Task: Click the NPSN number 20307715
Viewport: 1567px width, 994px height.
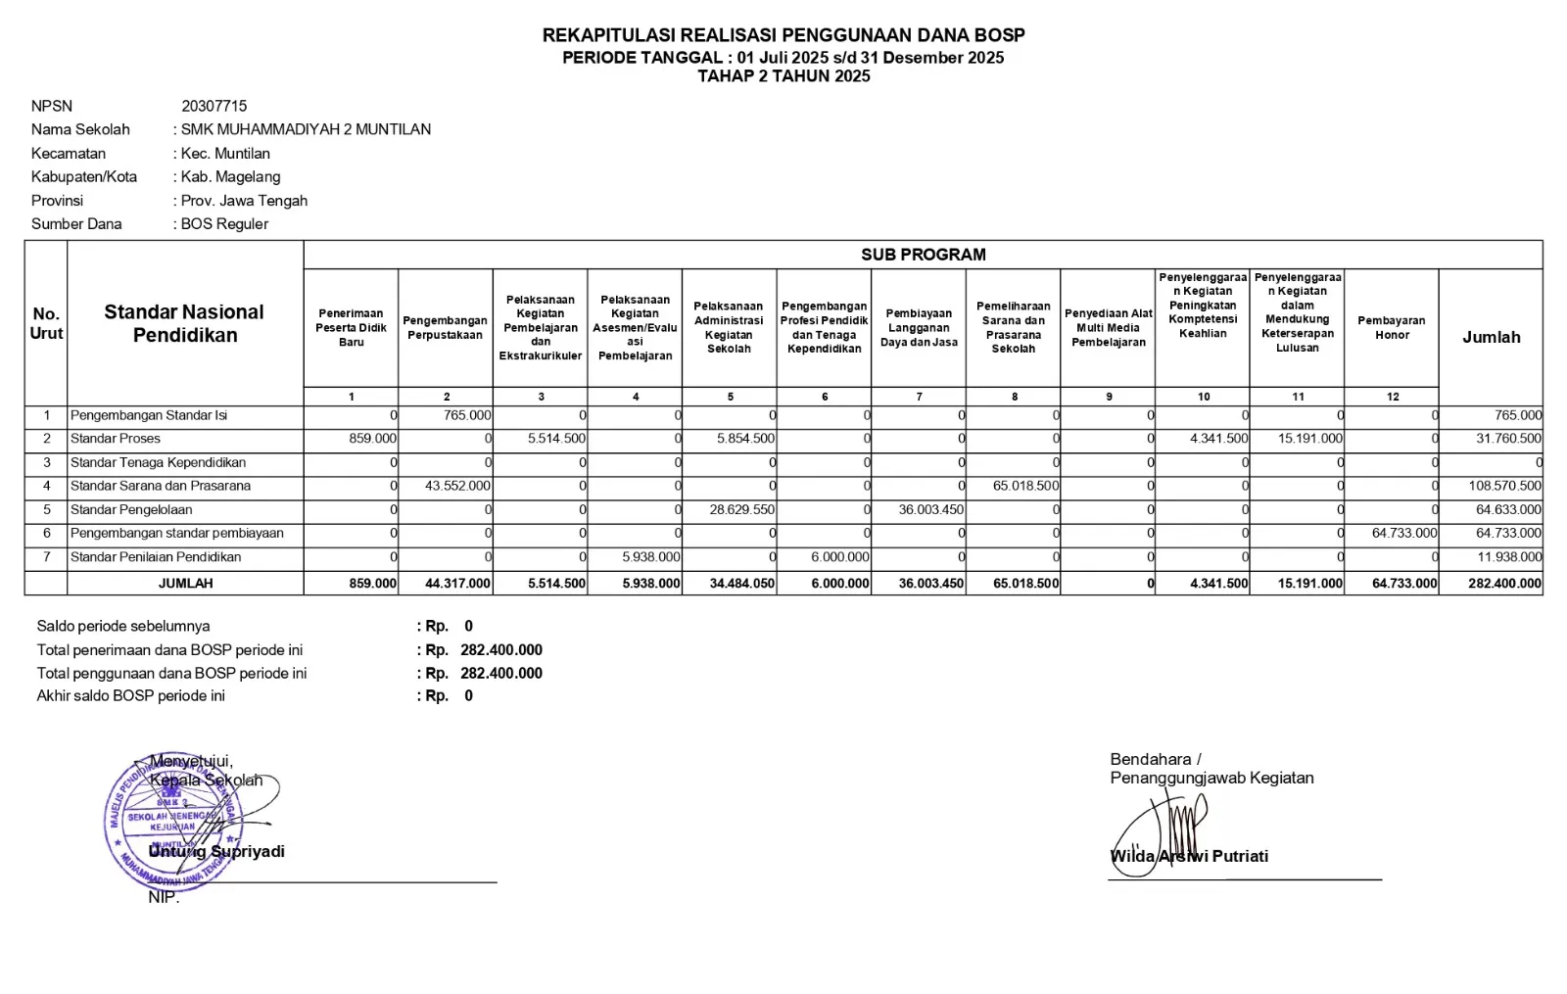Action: pyautogui.click(x=214, y=106)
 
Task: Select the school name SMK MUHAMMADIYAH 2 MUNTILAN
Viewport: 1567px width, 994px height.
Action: pyautogui.click(x=306, y=129)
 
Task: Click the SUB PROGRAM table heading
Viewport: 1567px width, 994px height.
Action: pyautogui.click(x=923, y=255)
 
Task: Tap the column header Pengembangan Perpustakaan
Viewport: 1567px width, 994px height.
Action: pyautogui.click(x=445, y=328)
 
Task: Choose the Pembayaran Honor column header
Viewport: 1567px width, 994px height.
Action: pyautogui.click(x=1391, y=328)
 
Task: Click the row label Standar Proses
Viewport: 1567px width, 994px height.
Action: pyautogui.click(x=116, y=439)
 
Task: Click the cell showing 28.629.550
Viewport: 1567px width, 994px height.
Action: pyautogui.click(x=742, y=510)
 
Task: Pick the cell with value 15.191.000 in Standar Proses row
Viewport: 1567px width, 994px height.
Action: pyautogui.click(x=1309, y=439)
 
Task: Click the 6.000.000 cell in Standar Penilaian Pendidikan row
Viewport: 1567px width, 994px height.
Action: pyautogui.click(x=839, y=557)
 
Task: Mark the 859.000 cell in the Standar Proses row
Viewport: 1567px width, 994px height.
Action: pyautogui.click(x=372, y=439)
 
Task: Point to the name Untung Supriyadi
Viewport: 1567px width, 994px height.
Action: pyautogui.click(x=217, y=852)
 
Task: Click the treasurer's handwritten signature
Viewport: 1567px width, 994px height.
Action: pyautogui.click(x=1165, y=832)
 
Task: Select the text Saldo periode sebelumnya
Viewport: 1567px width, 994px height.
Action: pyautogui.click(x=123, y=627)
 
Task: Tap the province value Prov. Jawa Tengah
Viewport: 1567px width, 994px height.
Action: pyautogui.click(x=244, y=201)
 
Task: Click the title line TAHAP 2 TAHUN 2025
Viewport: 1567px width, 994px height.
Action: pyautogui.click(x=783, y=76)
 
